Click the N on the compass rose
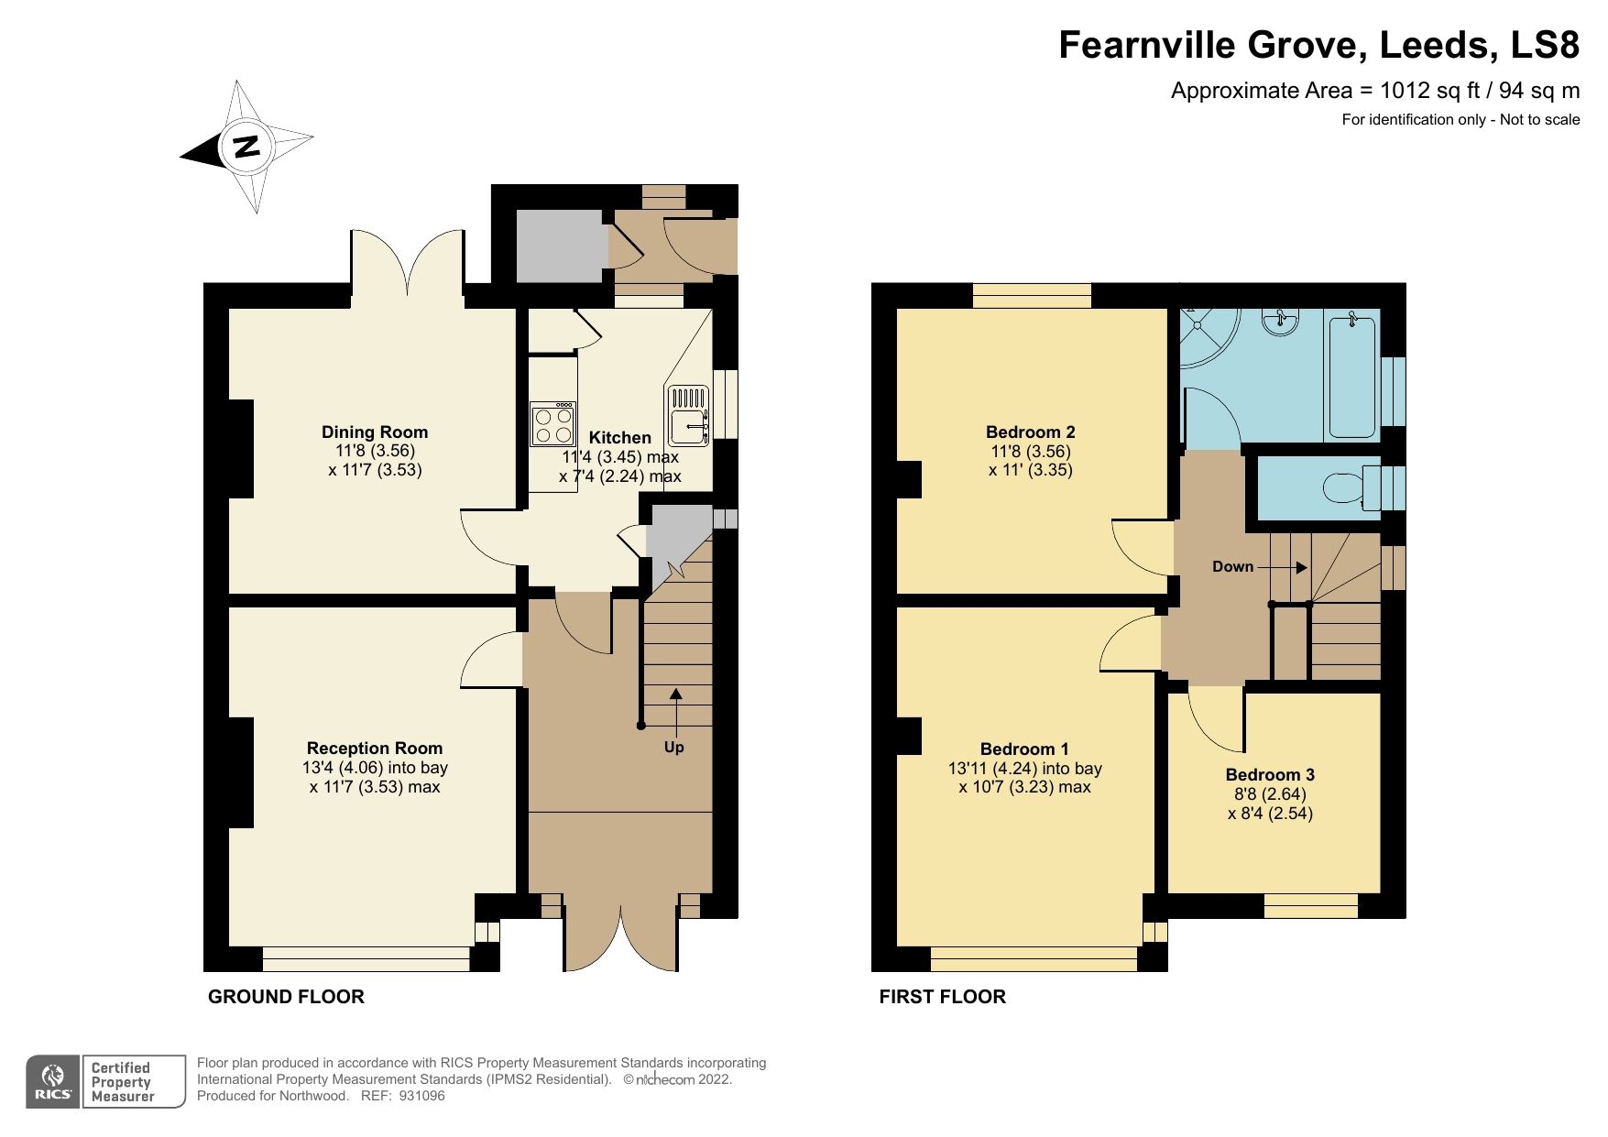coord(246,147)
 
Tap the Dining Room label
coord(374,432)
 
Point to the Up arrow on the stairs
coord(675,710)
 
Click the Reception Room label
coord(374,749)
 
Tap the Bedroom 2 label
coord(1030,432)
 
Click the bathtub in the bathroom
coord(1353,376)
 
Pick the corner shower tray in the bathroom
coord(1205,334)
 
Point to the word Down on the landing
coord(1232,567)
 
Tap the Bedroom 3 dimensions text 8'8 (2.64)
coord(1270,794)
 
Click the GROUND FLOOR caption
coord(286,997)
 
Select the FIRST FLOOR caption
coord(942,997)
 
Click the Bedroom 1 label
coord(1023,749)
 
